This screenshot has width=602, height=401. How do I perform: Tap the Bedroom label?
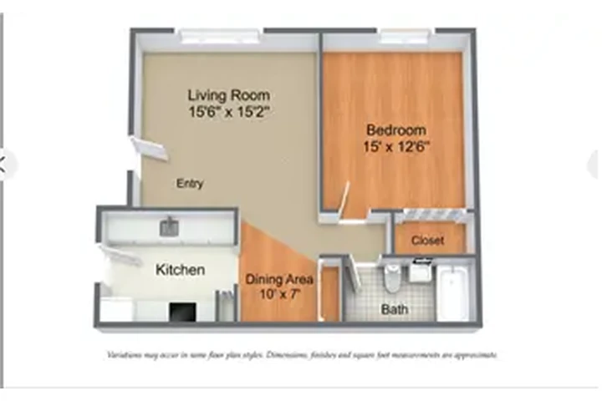click(x=396, y=130)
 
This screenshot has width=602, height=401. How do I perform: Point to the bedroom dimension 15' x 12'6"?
click(x=396, y=146)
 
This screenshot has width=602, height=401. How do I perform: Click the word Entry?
click(x=190, y=183)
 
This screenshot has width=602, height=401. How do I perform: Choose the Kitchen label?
click(x=180, y=270)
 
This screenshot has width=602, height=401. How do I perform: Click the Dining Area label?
click(x=278, y=279)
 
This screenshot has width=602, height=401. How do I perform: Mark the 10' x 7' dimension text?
click(x=278, y=293)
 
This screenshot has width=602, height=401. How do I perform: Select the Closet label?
click(x=427, y=241)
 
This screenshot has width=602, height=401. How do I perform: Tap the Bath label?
click(x=395, y=309)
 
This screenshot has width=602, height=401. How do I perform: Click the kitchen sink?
click(x=170, y=226)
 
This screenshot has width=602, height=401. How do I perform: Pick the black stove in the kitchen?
click(x=182, y=312)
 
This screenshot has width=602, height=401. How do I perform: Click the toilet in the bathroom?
click(x=392, y=277)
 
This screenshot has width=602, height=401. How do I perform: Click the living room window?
click(x=220, y=36)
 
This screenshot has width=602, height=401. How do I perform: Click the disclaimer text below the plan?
click(x=302, y=355)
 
